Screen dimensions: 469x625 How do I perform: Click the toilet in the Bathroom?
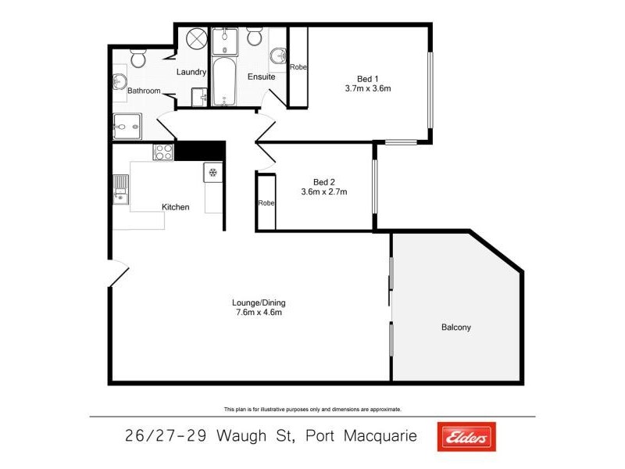click(x=137, y=57)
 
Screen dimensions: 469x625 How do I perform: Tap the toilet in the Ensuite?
click(x=255, y=38)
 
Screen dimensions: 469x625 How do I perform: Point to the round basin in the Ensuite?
click(x=277, y=55)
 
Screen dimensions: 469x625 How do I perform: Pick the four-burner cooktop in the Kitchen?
click(x=163, y=152)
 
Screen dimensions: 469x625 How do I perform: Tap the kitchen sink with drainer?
click(x=120, y=189)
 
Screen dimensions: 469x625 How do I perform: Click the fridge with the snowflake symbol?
click(x=212, y=172)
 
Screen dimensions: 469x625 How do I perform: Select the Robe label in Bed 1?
click(x=298, y=67)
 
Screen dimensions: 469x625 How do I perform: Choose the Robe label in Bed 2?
click(x=266, y=202)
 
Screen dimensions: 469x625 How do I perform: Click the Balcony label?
click(x=456, y=328)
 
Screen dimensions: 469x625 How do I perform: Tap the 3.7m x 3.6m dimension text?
click(x=367, y=88)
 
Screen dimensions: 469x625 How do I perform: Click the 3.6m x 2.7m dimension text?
click(x=323, y=192)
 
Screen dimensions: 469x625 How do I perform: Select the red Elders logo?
click(x=466, y=437)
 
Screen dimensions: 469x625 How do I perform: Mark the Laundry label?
click(x=191, y=73)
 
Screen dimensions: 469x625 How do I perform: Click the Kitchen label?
click(x=176, y=207)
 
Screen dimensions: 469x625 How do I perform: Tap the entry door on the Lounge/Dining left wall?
click(x=117, y=272)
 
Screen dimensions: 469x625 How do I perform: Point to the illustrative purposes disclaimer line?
click(x=312, y=409)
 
